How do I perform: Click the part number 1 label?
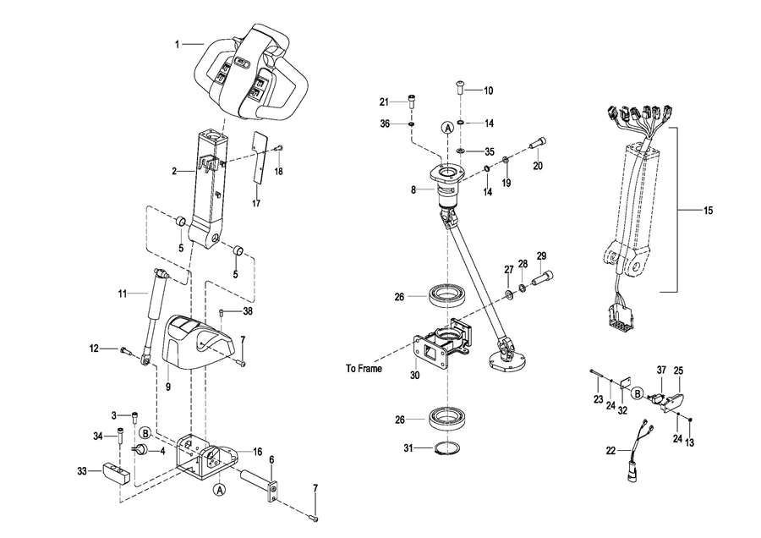tap(178, 45)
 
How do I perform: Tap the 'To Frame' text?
tap(364, 369)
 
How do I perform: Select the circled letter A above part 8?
tap(447, 127)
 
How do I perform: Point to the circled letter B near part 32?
tap(637, 393)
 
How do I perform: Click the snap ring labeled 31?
tap(446, 447)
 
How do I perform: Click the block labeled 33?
tap(116, 474)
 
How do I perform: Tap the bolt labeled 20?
tap(539, 144)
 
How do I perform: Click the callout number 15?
tap(708, 211)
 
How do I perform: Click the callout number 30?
tap(415, 376)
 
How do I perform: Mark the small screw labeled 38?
tap(222, 312)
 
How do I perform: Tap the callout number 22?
tap(610, 451)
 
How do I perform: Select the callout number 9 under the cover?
tap(168, 387)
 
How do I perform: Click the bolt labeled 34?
tap(119, 435)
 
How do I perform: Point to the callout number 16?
tap(257, 452)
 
